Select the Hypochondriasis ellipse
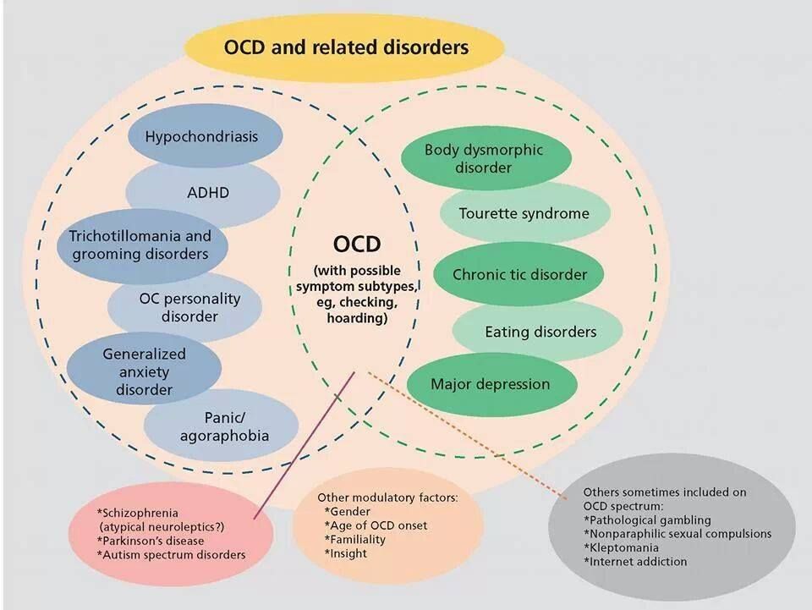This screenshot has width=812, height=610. point(205,135)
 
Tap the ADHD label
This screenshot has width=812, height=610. point(208,193)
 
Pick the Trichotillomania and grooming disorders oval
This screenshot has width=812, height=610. point(142,246)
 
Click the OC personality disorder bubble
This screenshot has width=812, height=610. point(185,308)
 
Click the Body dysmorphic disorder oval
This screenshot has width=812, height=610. point(486,158)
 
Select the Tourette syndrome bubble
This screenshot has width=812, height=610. point(525,213)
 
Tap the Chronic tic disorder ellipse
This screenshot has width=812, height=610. point(518,274)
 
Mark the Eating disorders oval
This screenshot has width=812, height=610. point(538,332)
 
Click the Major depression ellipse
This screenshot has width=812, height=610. point(492,384)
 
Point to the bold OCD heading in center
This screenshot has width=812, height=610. point(357,244)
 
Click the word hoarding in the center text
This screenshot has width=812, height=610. point(357,317)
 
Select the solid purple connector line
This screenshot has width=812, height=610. point(304,445)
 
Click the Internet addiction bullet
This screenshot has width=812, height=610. point(635,561)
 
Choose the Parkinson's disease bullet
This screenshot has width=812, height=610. point(151,541)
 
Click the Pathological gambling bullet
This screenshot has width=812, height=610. point(647,520)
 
